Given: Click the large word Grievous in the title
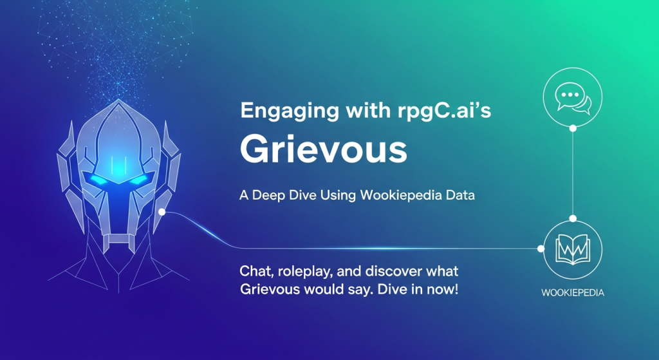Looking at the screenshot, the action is click(323, 149).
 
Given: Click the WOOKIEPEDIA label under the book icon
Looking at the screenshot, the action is click(572, 293).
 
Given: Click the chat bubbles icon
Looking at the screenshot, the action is click(573, 99).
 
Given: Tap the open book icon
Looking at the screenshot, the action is click(572, 250).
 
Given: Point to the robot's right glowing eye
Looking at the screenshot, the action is click(139, 180).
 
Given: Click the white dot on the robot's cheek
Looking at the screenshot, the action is click(162, 212).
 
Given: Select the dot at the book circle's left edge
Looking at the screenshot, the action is click(541, 249).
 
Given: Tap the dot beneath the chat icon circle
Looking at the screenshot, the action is click(572, 128).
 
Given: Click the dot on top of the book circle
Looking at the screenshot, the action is click(572, 219).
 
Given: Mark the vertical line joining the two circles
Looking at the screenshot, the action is click(572, 173).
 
